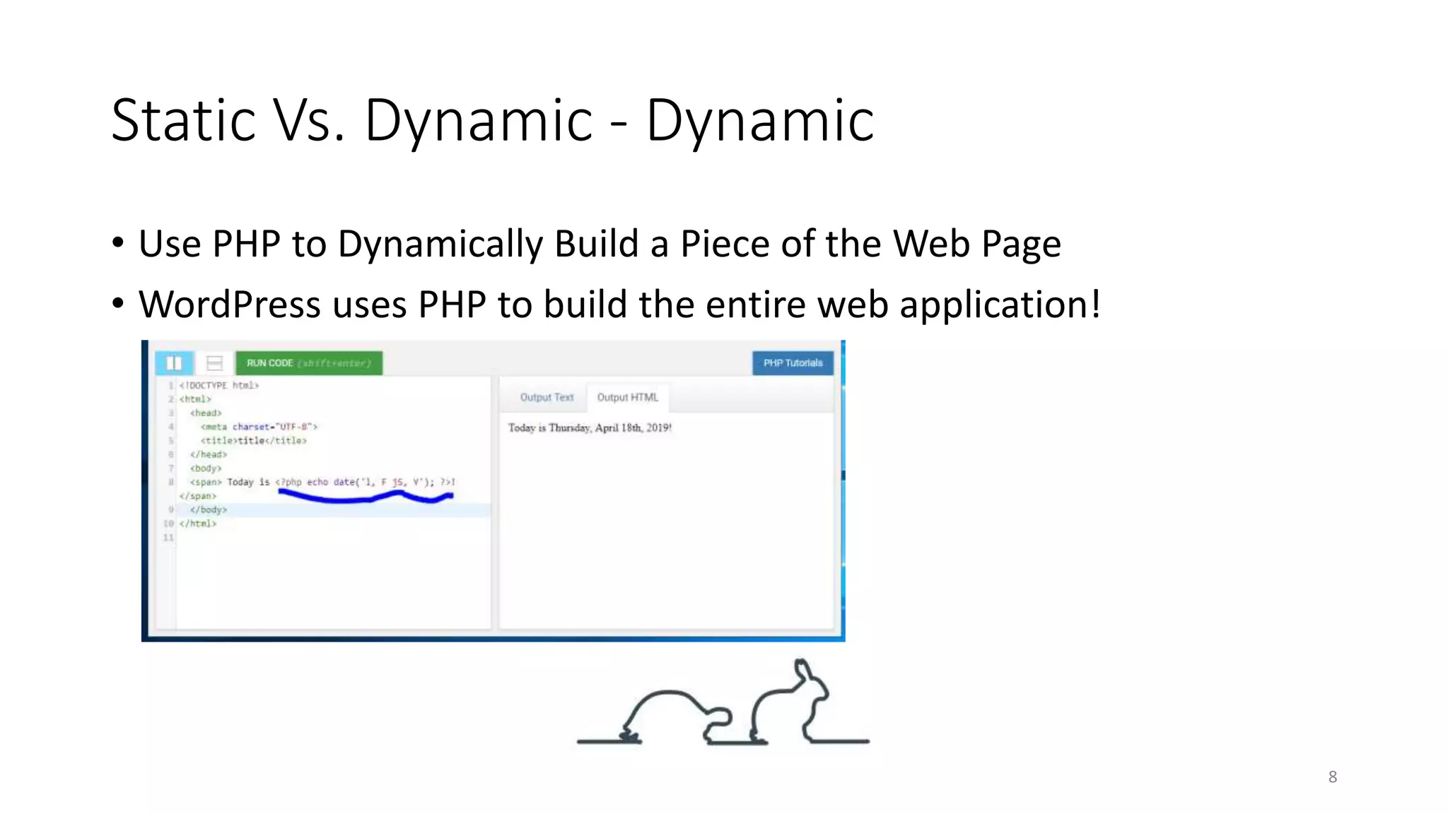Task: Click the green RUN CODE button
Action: coord(308,363)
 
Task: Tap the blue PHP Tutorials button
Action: coord(793,363)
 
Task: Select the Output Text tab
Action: coord(547,398)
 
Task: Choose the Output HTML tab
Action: coord(627,398)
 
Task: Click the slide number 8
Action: coord(1332,777)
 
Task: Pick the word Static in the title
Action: coord(183,121)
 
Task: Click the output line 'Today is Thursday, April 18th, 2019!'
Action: coord(590,428)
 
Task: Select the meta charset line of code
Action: coord(259,427)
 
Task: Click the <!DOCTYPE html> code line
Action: coord(219,386)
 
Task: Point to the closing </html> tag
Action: coord(198,524)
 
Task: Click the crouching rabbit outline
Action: coord(672,710)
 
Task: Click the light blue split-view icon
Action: coord(174,363)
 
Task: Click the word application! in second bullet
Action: coord(1000,305)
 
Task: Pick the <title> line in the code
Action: coord(253,441)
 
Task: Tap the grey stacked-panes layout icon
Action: coord(214,363)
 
